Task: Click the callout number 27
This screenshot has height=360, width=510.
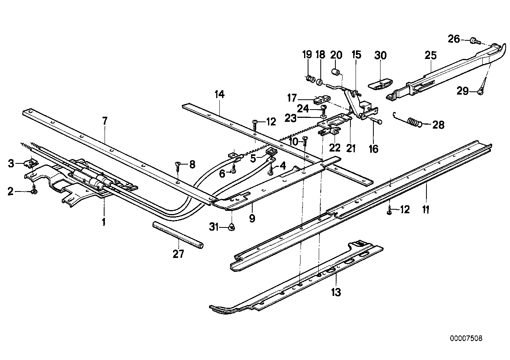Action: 178,254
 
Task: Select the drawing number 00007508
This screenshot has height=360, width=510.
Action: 466,339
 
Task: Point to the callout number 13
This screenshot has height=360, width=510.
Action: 336,292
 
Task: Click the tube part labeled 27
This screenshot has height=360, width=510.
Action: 178,236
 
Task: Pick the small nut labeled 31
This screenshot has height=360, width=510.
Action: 232,227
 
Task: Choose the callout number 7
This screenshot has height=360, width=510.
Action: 105,121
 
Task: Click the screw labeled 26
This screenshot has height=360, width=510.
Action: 474,40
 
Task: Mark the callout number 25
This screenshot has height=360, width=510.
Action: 431,55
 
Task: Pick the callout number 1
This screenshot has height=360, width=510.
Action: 104,222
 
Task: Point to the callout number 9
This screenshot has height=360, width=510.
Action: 252,217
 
